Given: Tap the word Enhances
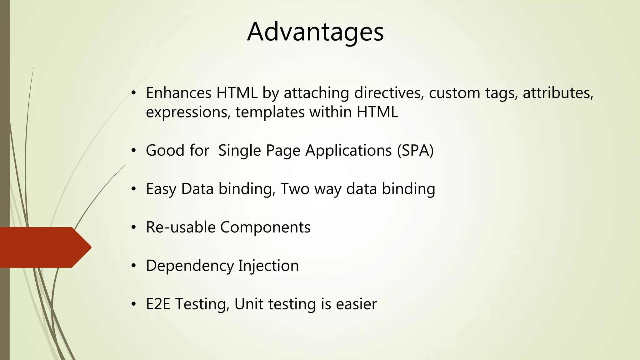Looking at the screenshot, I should (179, 93).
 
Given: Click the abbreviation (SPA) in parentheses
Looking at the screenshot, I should (415, 150).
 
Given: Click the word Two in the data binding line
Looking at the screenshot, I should (295, 189).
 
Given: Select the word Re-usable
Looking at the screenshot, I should (181, 227).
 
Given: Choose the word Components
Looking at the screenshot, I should (265, 227).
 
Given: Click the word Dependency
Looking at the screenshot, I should (190, 266).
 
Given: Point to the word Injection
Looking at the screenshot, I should (268, 266).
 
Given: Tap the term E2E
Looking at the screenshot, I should (158, 304).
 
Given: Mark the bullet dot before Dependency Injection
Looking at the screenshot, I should (134, 266).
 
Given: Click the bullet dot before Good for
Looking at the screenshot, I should (134, 151).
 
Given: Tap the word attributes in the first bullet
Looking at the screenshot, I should (558, 93).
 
